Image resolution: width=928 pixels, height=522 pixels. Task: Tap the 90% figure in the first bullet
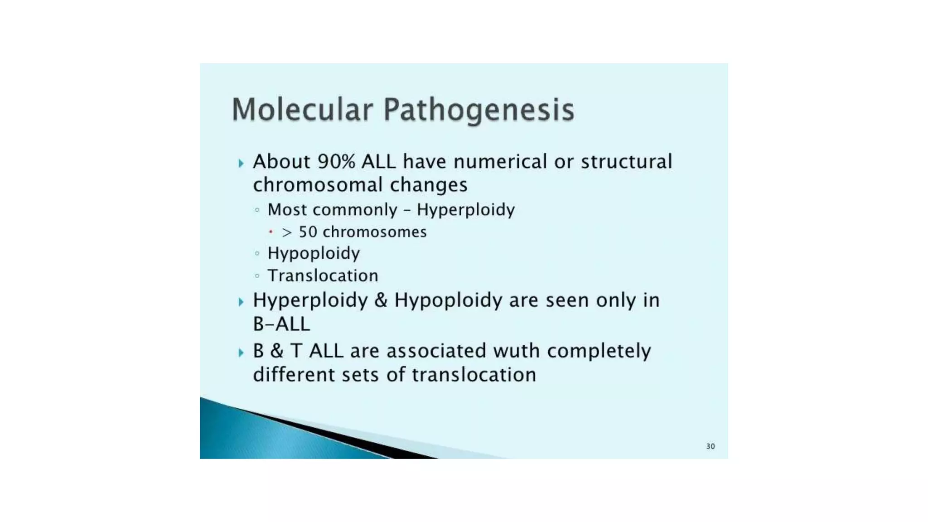tap(336, 162)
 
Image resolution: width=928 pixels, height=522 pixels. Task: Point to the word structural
tap(627, 162)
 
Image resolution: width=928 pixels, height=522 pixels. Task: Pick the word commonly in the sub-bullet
tap(361, 210)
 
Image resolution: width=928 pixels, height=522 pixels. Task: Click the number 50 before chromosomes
tap(308, 232)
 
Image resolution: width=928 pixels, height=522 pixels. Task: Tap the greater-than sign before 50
tap(287, 232)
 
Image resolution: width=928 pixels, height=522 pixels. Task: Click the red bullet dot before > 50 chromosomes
tap(271, 232)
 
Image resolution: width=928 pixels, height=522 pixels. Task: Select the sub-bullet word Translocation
tap(323, 275)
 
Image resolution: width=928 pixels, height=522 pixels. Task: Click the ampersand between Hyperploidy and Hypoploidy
tap(381, 300)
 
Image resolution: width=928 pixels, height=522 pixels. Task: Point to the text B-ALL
tap(281, 324)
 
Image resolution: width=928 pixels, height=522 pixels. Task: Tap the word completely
tap(599, 351)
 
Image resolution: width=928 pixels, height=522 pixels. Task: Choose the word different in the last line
tap(294, 375)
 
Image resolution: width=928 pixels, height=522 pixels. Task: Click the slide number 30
tap(710, 446)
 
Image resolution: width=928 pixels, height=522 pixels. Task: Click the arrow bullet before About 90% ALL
tap(241, 163)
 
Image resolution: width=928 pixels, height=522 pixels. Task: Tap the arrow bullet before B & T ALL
tap(241, 353)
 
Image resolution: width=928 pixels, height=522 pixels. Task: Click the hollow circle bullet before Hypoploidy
tap(257, 253)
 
